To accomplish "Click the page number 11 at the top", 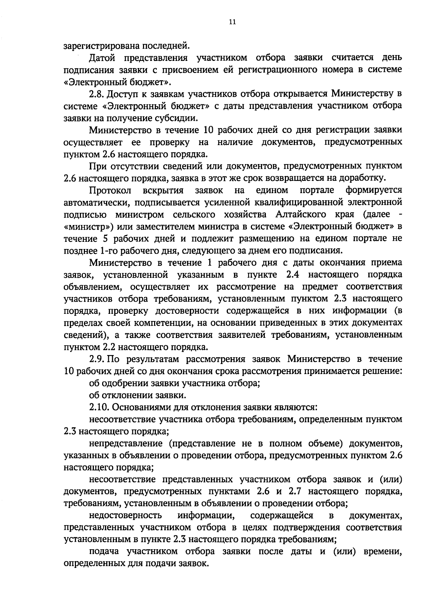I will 232,22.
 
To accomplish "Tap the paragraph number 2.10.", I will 99,407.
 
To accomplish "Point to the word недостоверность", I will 125,516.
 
